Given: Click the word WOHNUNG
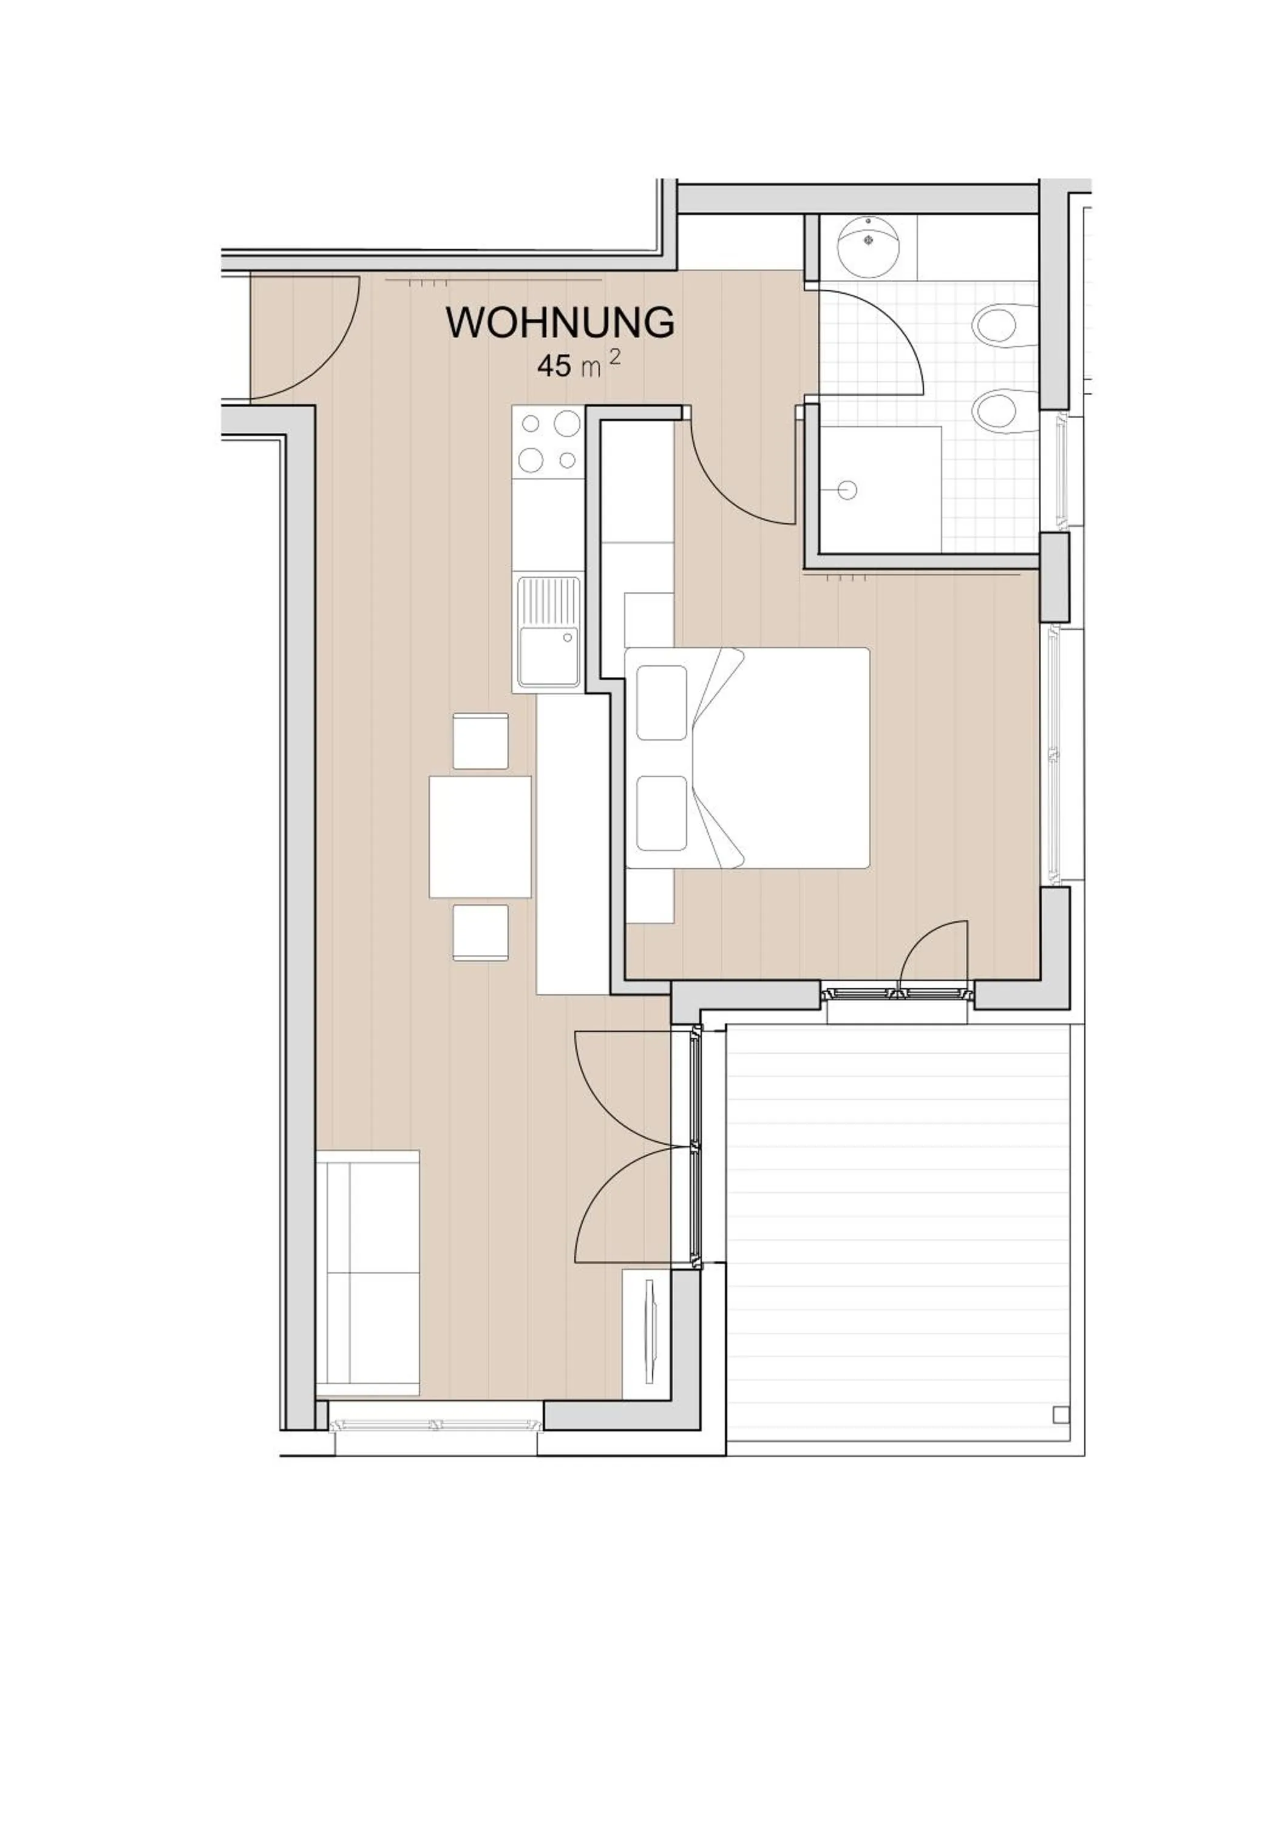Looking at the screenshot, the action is tap(560, 323).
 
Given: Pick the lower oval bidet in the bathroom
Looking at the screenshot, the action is tap(997, 410).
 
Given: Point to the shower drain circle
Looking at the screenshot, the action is tap(847, 490).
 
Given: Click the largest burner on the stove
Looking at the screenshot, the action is tap(567, 424).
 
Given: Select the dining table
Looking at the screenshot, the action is tap(480, 836).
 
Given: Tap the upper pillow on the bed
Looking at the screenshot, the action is tap(661, 704).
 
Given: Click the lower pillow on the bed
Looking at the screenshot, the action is tap(661, 813).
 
